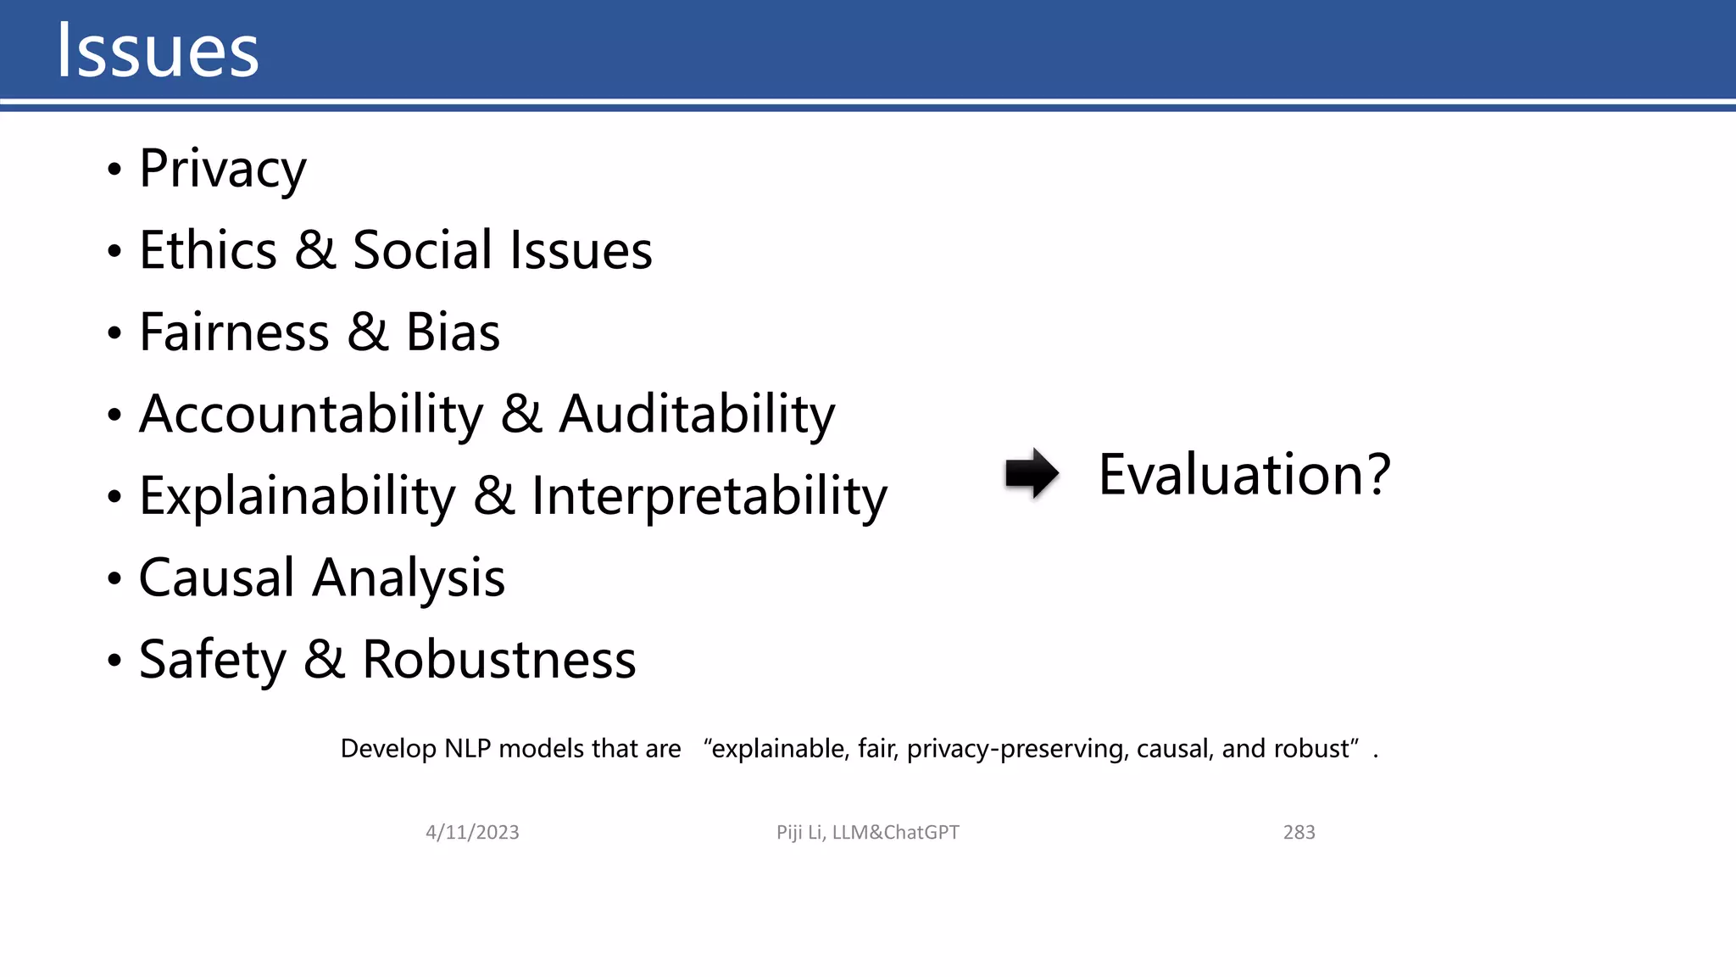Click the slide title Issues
point(158,51)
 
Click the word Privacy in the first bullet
point(222,169)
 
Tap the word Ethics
point(208,250)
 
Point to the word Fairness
point(234,332)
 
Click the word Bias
point(453,332)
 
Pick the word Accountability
point(310,415)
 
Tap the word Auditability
point(697,415)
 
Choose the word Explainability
point(297,496)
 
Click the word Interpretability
point(709,496)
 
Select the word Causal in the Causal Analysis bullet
point(216,578)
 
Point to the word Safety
point(213,660)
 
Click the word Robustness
point(498,660)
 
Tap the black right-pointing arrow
point(1031,473)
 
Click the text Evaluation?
point(1244,474)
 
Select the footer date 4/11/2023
point(472,832)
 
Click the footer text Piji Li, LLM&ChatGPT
point(867,832)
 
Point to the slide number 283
point(1299,832)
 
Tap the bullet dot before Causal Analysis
point(114,580)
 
